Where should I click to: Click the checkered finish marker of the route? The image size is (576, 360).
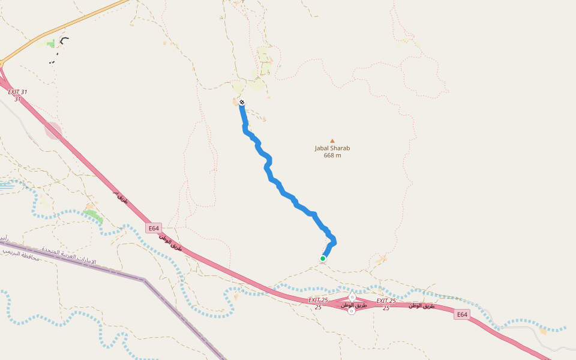[x=242, y=103]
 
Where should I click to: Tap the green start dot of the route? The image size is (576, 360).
[x=323, y=259]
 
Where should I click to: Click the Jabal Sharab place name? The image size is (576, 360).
[x=332, y=148]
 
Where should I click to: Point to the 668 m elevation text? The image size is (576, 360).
[x=332, y=155]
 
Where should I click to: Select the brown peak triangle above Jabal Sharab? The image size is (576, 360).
[x=332, y=141]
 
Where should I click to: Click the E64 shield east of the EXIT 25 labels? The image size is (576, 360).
[x=461, y=314]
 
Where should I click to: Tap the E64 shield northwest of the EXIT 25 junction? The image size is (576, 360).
[x=154, y=228]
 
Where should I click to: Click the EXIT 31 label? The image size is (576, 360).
[x=17, y=92]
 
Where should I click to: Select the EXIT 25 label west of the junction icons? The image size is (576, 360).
[x=318, y=300]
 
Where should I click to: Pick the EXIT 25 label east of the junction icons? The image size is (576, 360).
[x=386, y=301]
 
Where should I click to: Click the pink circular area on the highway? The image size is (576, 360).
[x=53, y=130]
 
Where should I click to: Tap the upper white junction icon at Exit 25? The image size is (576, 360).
[x=352, y=298]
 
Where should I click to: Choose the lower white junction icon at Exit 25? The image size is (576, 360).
[x=352, y=311]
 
